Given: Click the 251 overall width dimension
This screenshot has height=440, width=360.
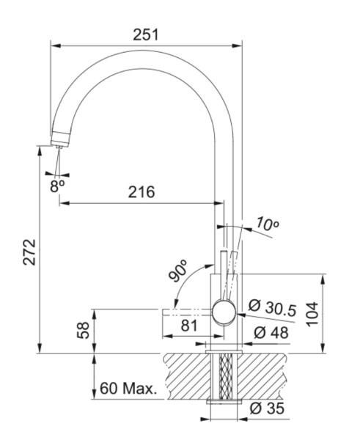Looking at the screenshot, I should click(147, 34).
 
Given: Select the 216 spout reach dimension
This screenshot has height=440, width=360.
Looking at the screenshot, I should click(141, 193).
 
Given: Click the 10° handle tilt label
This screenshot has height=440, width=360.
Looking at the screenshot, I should click(268, 224).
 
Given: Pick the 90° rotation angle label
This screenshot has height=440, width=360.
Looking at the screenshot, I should click(179, 271).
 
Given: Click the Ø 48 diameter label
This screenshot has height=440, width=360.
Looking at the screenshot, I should click(270, 332).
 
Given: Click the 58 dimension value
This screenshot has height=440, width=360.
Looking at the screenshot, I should click(82, 331).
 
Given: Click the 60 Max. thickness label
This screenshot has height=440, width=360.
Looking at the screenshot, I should click(128, 388).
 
